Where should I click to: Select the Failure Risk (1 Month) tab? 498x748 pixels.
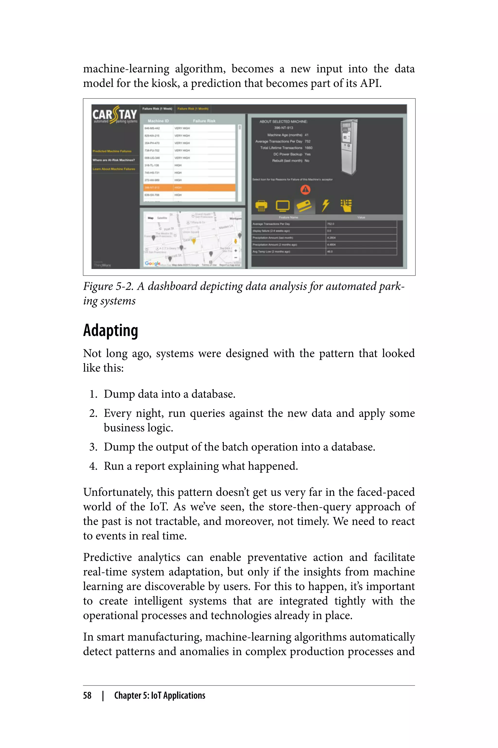(193, 109)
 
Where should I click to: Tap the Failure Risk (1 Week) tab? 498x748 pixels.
(157, 109)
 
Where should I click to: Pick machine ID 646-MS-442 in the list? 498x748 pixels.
(152, 128)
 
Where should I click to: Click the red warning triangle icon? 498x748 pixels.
(305, 190)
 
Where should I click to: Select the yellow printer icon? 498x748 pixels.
(261, 206)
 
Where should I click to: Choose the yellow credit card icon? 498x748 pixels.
(304, 206)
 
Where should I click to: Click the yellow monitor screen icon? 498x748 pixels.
(283, 206)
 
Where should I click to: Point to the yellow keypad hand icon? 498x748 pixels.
(346, 206)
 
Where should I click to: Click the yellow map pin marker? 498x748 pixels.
(194, 242)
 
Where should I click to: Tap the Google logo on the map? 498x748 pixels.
(152, 263)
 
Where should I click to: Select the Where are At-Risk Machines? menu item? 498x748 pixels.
(114, 160)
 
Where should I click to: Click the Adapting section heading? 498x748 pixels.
(111, 330)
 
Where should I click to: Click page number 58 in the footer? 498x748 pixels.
(87, 695)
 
